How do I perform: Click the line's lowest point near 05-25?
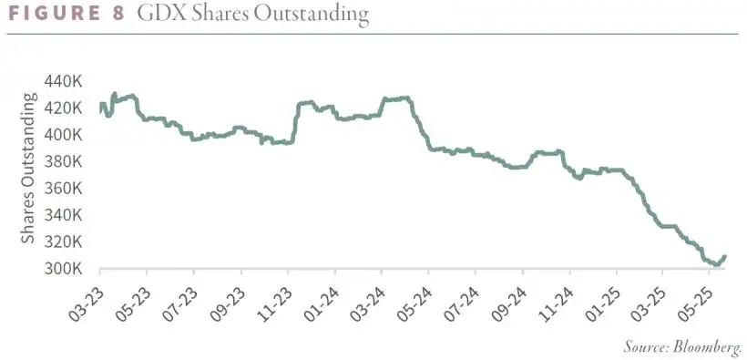pos(716,265)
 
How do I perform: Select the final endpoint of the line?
pos(725,256)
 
